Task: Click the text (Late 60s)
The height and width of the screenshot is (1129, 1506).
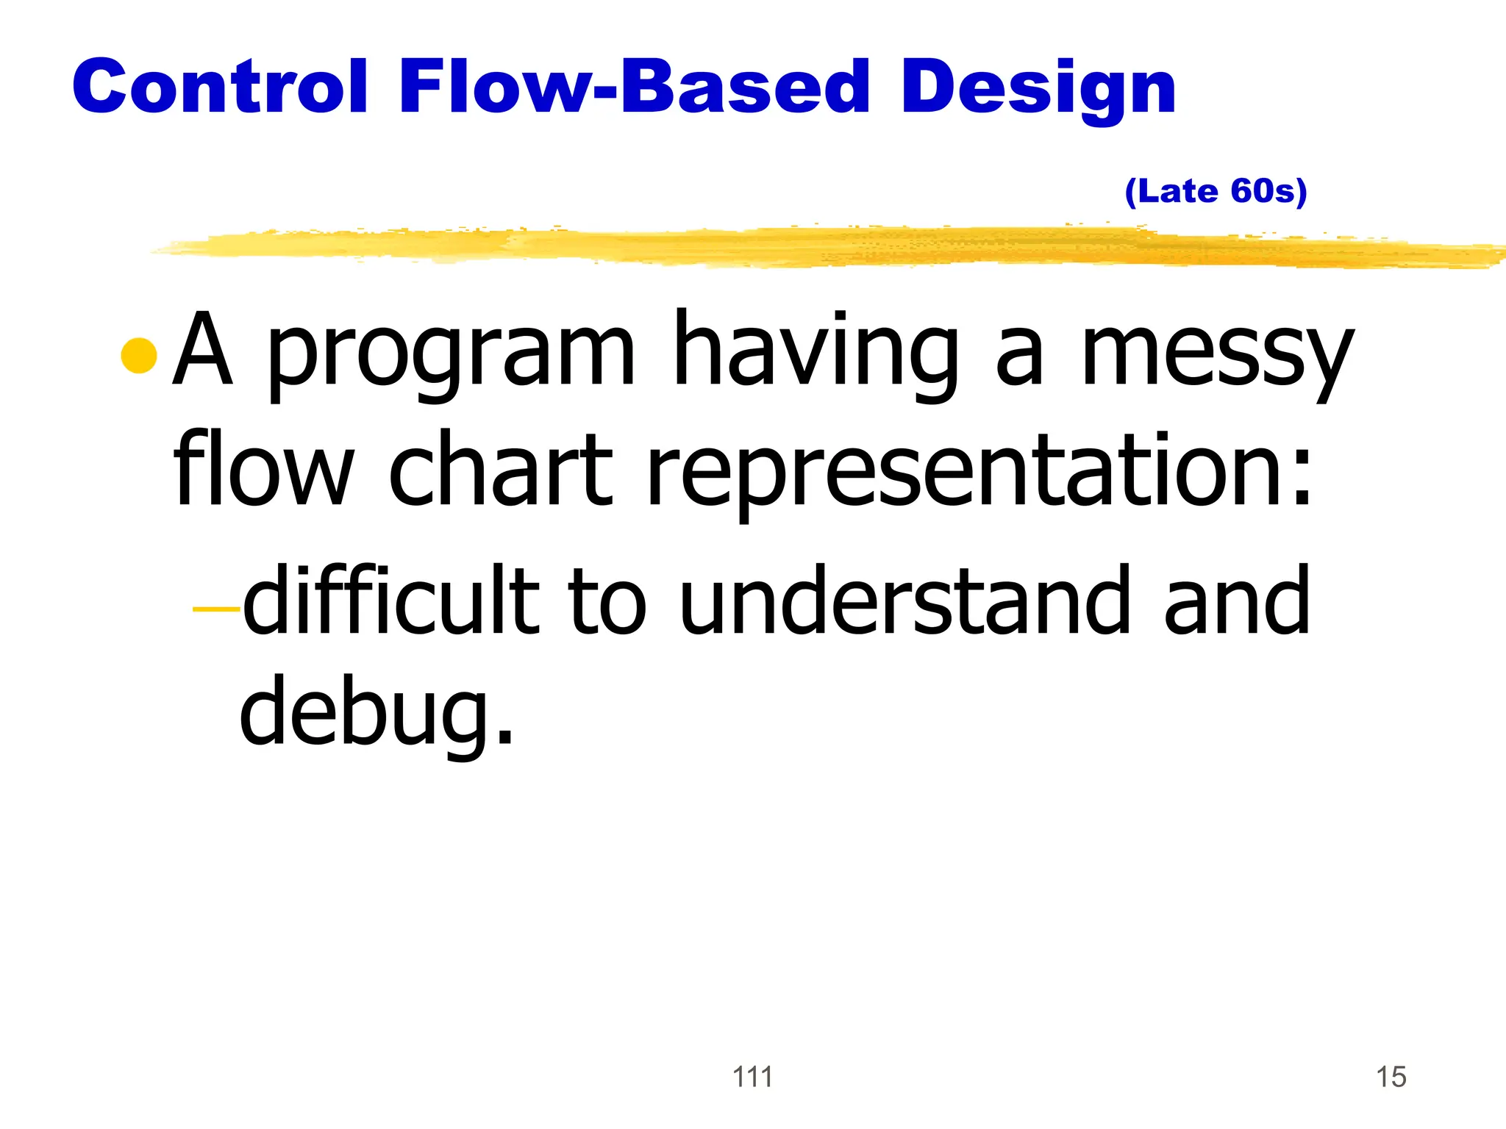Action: coord(1216,192)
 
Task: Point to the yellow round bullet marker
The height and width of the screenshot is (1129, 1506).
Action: coord(139,356)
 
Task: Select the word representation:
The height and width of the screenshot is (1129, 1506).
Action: coord(978,470)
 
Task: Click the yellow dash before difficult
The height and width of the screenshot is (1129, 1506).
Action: coord(215,609)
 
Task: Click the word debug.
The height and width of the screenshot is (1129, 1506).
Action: coord(375,709)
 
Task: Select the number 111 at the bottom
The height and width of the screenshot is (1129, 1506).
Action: coord(752,1077)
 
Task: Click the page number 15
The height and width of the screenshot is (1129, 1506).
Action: coord(1391,1077)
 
